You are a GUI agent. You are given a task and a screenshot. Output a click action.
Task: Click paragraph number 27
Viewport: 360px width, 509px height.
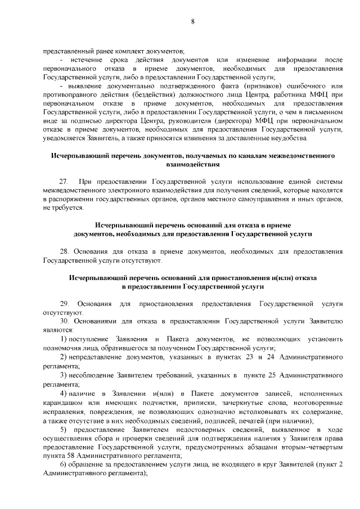pyautogui.click(x=64, y=182)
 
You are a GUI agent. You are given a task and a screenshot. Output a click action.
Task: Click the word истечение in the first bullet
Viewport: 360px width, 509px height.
pyautogui.click(x=89, y=60)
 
